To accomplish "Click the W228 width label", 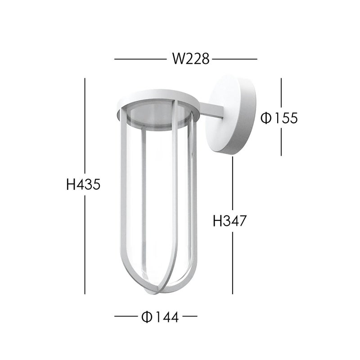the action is coord(191,59).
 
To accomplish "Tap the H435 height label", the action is coord(83,184).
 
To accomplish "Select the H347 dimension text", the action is coord(229,221).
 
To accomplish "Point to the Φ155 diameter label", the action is coord(279,118).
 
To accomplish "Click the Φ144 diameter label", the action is coord(160,317).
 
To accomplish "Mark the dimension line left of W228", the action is coord(140,59).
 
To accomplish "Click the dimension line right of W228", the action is coord(234,59).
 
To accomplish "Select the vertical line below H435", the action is coord(85,245).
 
